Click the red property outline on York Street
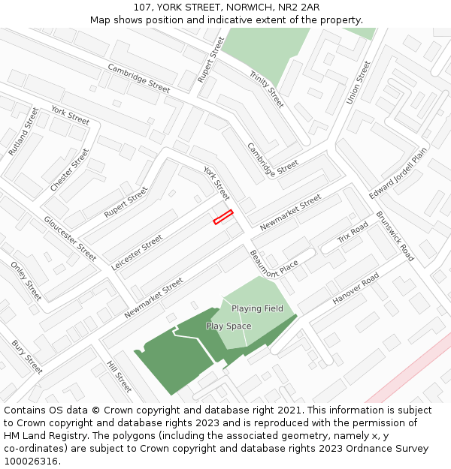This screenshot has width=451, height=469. click(223, 217)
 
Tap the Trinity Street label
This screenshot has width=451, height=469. click(267, 89)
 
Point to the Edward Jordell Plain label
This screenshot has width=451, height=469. click(398, 173)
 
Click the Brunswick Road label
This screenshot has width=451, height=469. click(395, 236)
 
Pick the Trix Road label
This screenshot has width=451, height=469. click(353, 233)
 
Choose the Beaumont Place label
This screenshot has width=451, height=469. click(274, 264)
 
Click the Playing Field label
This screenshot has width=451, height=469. click(257, 308)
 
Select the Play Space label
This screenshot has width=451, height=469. click(229, 326)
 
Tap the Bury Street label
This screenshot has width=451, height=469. click(27, 357)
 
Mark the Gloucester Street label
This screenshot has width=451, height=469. click(70, 239)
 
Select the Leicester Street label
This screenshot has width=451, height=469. click(137, 253)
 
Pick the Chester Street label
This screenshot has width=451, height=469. click(69, 170)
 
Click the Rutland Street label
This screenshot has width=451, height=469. click(23, 131)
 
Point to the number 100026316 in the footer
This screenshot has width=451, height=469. click(31, 461)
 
